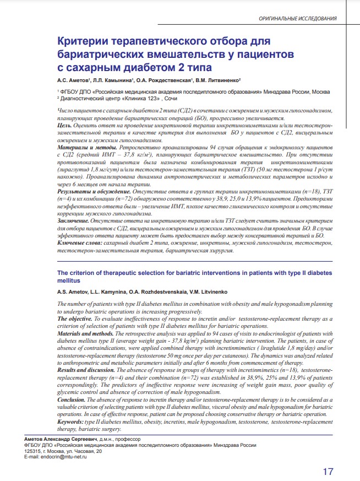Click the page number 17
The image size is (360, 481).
(x=328, y=471)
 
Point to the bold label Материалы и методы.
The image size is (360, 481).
(x=86, y=149)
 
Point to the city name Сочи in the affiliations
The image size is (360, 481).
(x=172, y=98)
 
